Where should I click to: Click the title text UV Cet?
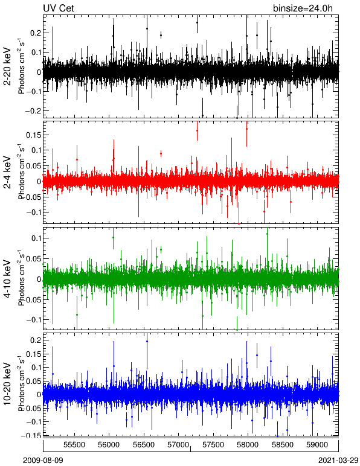[x=59, y=8]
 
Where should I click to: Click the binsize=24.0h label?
[x=303, y=8]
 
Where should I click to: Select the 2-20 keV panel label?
[x=7, y=66]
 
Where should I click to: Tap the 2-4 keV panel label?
[x=7, y=173]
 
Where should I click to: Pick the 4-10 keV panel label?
[x=7, y=278]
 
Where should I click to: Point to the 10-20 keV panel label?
[x=7, y=384]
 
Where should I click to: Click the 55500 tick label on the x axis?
[x=74, y=445]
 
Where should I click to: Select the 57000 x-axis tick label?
[x=178, y=445]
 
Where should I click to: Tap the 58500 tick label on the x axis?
[x=283, y=445]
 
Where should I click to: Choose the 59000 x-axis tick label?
[x=317, y=445]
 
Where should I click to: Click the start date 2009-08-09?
[x=43, y=461]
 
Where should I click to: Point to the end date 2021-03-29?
[x=338, y=461]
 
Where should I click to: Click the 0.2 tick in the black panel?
[x=36, y=33]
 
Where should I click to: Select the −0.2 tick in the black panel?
[x=33, y=110]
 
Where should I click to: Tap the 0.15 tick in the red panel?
[x=33, y=135]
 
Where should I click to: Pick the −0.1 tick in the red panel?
[x=33, y=212]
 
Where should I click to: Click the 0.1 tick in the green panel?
[x=36, y=238]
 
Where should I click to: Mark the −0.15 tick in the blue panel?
[x=31, y=435]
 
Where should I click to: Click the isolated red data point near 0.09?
[x=161, y=154]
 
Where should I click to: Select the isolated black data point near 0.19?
[x=161, y=36]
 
